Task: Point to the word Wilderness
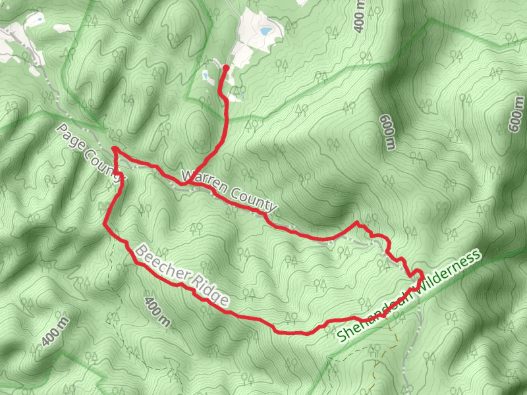click(x=451, y=272)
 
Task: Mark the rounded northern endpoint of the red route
click(x=226, y=67)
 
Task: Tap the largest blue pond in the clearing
click(x=265, y=30)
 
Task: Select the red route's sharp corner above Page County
click(x=114, y=149)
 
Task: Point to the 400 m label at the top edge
click(x=358, y=16)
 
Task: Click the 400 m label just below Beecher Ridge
click(x=156, y=313)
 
